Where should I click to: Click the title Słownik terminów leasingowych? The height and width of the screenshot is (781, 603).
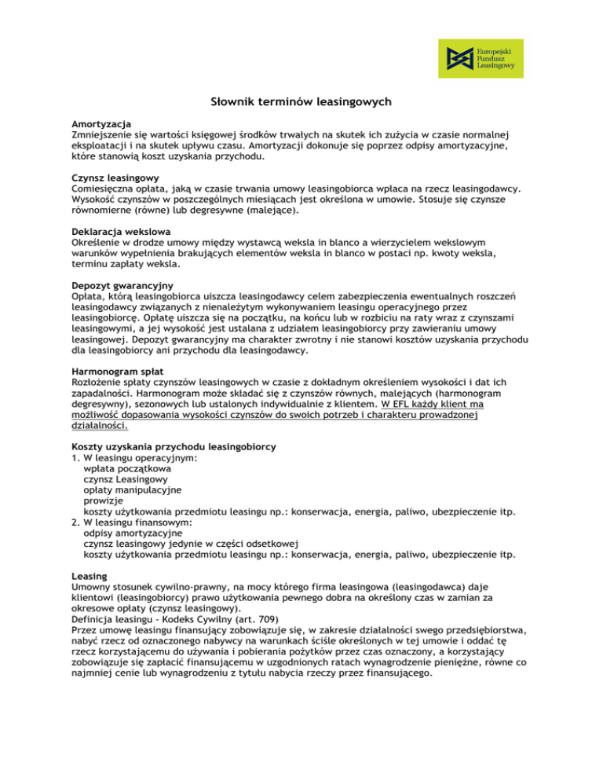301,102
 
